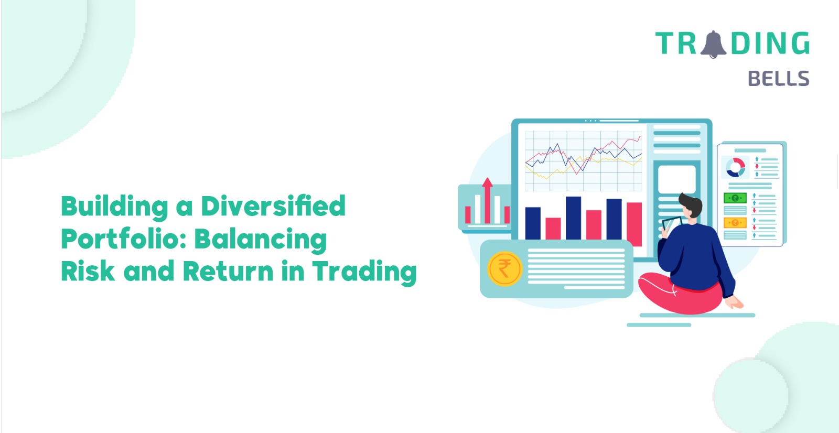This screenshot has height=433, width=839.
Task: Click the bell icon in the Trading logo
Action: tap(713, 45)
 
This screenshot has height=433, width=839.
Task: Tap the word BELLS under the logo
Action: tap(779, 79)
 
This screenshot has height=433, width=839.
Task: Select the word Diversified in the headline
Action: tap(273, 206)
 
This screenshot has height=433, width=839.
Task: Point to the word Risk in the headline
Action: tap(88, 271)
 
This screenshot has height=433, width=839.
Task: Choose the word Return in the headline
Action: tap(228, 271)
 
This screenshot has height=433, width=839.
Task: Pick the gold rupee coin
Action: tap(504, 268)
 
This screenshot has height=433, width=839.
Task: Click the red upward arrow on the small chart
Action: tap(487, 200)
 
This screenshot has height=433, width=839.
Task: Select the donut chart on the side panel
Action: tap(736, 167)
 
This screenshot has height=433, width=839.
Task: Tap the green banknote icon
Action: tap(735, 198)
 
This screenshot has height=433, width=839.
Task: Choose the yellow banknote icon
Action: tap(735, 223)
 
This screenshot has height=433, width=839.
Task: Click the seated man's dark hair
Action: tap(692, 203)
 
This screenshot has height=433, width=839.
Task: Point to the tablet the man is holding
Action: tap(671, 224)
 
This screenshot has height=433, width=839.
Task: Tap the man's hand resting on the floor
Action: tap(734, 302)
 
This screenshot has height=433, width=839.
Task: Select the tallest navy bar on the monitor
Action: tap(573, 218)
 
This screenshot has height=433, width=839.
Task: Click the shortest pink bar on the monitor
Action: tap(553, 229)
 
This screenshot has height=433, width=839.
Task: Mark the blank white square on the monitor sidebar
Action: tap(677, 179)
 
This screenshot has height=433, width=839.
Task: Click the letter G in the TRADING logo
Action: tap(800, 43)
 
